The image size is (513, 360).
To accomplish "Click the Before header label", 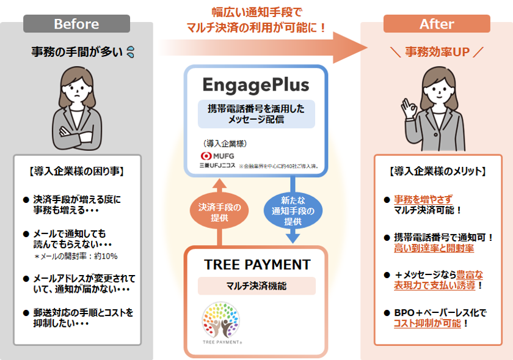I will pos(76,24).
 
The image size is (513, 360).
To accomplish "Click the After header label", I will pos(437,24).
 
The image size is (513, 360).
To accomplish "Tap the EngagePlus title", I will pos(256,84).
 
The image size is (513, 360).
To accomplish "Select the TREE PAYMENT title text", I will pos(257,265).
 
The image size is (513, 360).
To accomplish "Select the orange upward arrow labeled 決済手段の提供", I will pos(220,211).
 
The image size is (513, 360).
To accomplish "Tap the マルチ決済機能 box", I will pos(257,286).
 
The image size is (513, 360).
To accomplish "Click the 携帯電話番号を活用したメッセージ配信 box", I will pos(256,114).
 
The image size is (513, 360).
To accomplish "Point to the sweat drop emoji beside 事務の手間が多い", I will pos(129,53).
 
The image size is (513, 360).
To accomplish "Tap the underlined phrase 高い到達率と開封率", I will pos(434,248).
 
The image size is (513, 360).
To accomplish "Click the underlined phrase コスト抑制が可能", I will pos(427,324).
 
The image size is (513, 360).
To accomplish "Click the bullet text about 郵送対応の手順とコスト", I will pos(82,318).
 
